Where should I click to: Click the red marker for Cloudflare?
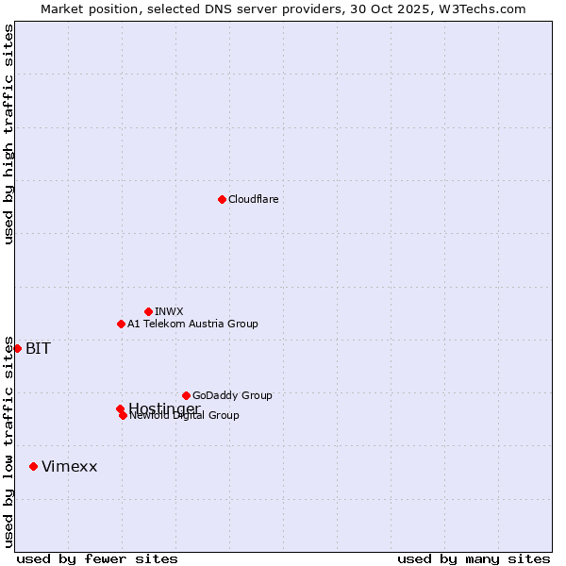point(222,199)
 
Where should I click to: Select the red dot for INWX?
point(148,311)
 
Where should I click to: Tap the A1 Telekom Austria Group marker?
point(121,324)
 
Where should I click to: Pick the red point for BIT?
point(17,348)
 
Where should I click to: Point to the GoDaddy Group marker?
point(186,395)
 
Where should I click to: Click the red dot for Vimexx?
point(33,466)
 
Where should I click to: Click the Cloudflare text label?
point(254,199)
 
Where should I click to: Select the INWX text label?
point(169,311)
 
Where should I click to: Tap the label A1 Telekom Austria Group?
point(192,324)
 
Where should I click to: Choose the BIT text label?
point(38,348)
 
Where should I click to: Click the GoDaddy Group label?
point(232,395)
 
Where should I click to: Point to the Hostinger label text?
point(164,408)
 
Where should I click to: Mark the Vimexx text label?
point(69,466)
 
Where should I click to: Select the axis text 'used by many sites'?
point(474,559)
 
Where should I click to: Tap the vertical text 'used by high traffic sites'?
point(8,134)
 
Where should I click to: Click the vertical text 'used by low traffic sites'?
point(8,441)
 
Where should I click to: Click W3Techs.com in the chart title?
point(487,8)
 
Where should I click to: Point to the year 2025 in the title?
point(424,8)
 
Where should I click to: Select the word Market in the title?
point(64,8)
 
